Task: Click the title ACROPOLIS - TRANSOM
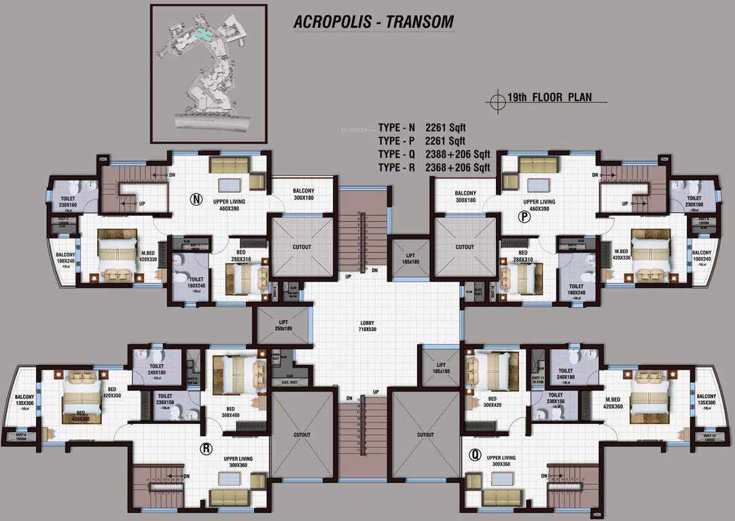point(373,22)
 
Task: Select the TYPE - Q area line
point(433,154)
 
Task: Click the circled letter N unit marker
point(197,199)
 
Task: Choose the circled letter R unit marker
point(204,448)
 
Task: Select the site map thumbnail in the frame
point(209,73)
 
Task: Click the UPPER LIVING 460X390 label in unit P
point(539,206)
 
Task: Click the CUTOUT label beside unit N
point(302,247)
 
